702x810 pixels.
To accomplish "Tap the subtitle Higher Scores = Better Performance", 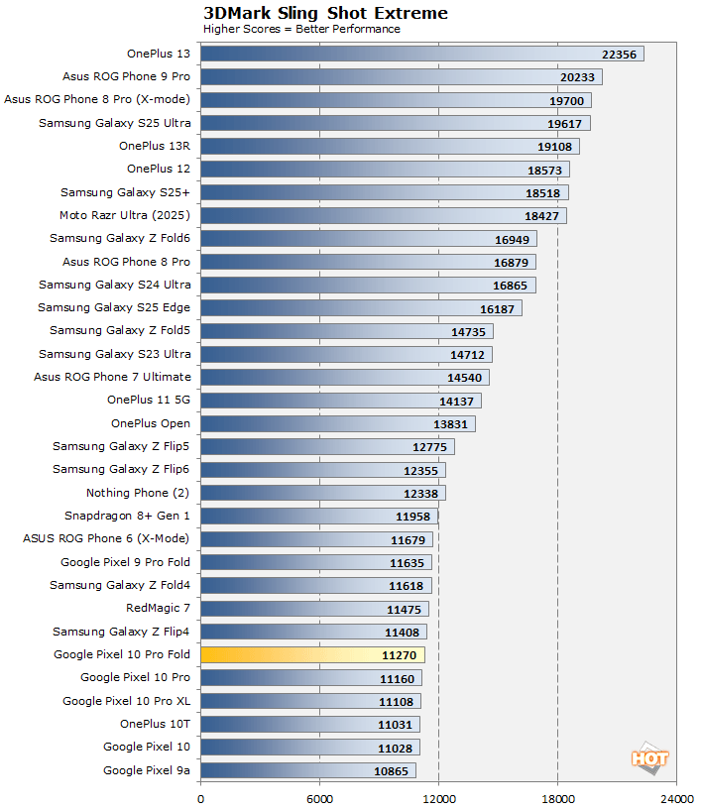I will coord(301,29).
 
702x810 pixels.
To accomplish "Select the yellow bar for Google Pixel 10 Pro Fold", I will coord(312,654).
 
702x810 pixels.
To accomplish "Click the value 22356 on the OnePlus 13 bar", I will coord(620,54).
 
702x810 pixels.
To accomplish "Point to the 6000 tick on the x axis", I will coord(319,797).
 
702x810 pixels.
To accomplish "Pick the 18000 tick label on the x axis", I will coord(557,797).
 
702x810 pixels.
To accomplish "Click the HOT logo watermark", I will coord(649,757).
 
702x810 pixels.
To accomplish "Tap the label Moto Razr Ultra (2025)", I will coord(125,215).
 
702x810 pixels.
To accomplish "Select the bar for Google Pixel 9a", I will coord(307,770).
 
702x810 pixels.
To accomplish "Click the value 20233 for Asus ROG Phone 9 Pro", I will coord(578,76).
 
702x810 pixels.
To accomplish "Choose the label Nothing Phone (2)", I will coord(138,493).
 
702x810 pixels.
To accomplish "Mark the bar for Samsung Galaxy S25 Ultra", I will coord(395,123).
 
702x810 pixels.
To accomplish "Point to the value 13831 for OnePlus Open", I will coord(451,423).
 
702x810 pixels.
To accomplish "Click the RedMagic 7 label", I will coord(158,608).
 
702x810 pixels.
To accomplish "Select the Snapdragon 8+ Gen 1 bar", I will coord(318,516).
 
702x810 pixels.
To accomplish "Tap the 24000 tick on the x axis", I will coord(676,797).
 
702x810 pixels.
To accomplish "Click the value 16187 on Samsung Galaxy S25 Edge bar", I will coord(498,308).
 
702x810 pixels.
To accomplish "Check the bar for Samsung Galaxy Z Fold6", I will coord(368,238).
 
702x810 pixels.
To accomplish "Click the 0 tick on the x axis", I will coord(201,797).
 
